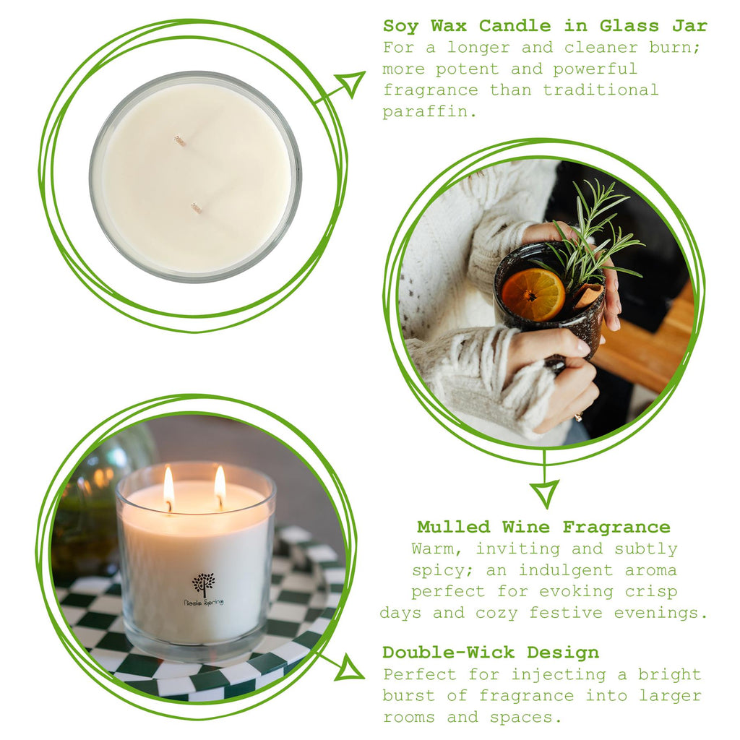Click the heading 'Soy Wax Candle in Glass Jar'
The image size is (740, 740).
tap(545, 26)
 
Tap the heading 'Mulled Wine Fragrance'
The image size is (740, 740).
tap(543, 527)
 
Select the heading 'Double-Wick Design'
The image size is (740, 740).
tap(491, 653)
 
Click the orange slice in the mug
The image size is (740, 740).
tap(533, 294)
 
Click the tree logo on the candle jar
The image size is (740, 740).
tap(204, 583)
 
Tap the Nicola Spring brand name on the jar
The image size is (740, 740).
tap(203, 601)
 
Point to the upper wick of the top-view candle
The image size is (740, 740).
tap(179, 140)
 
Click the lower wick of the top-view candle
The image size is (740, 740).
tap(196, 207)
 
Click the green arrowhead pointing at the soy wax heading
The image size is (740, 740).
tap(352, 82)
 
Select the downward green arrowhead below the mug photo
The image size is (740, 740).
tap(544, 493)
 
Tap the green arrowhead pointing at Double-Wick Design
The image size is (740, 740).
tap(350, 668)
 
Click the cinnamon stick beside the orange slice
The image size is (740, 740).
tap(588, 295)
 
